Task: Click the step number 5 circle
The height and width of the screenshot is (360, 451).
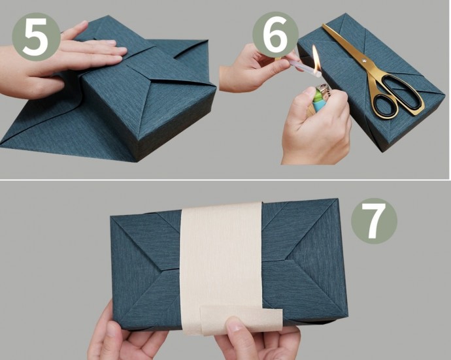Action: pos(36,37)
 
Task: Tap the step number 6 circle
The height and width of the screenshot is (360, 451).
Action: pos(275,35)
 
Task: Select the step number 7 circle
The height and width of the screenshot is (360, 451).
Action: pos(374,221)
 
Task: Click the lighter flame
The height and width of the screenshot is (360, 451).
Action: pos(316,59)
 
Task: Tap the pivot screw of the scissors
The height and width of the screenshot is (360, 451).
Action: pos(364,61)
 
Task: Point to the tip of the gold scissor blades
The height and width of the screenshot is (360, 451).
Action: pos(324,25)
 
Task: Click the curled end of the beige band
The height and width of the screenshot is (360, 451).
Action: pos(242,319)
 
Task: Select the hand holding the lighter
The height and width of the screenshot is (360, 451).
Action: pos(316,127)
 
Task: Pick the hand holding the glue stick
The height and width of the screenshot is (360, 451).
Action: pos(256,69)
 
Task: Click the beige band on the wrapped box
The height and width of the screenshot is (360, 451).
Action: pos(222,267)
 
